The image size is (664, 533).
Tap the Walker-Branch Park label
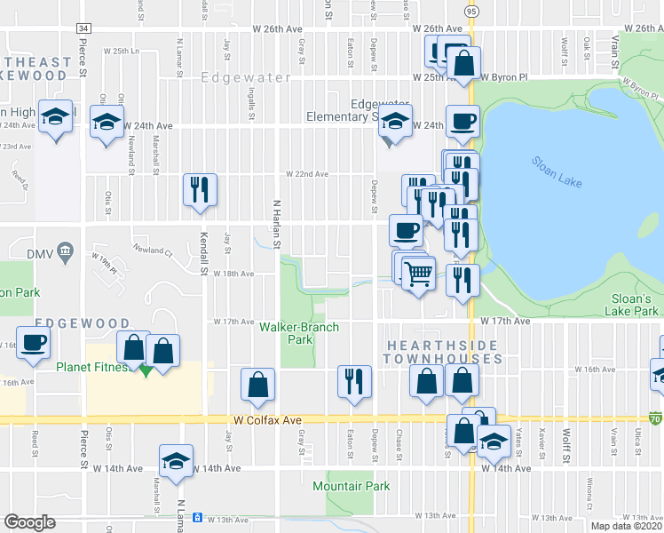click(299, 333)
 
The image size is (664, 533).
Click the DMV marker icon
click(64, 253)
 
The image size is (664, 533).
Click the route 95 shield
click(470, 11)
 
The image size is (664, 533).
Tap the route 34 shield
click(83, 28)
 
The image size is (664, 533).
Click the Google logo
click(30, 521)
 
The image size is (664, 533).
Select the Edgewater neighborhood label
click(246, 78)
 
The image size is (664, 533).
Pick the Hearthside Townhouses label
click(443, 351)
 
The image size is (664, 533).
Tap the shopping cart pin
click(417, 274)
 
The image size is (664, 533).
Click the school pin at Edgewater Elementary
click(395, 122)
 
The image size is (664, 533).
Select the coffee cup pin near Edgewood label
click(34, 343)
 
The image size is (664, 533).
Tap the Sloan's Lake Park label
click(635, 305)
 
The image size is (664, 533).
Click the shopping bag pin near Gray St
click(257, 385)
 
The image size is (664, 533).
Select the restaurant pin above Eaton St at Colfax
click(354, 381)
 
